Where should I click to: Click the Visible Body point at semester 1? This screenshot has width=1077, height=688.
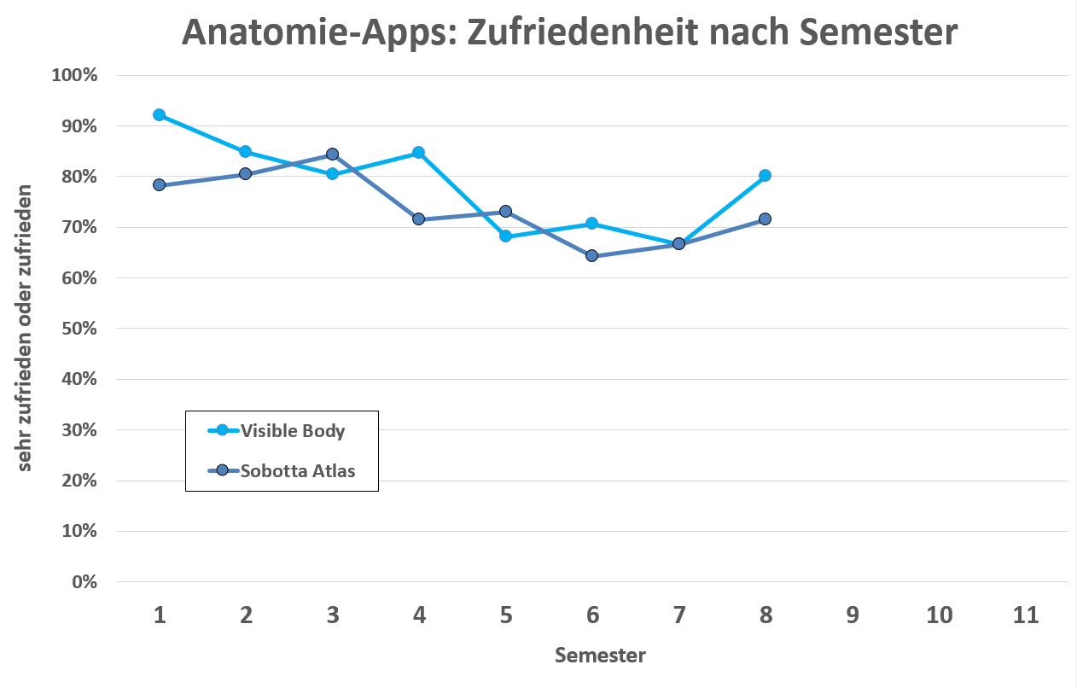pyautogui.click(x=159, y=114)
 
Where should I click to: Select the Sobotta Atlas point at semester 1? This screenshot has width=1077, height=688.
pyautogui.click(x=159, y=185)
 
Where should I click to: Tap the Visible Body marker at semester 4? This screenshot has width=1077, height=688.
pyautogui.click(x=419, y=153)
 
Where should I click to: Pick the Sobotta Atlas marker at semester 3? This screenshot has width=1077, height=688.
pyautogui.click(x=332, y=155)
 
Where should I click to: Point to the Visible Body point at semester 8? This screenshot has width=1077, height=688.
pyautogui.click(x=765, y=176)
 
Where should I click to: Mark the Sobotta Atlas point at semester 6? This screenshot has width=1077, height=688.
pyautogui.click(x=591, y=256)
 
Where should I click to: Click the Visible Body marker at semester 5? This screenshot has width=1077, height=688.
pyautogui.click(x=505, y=236)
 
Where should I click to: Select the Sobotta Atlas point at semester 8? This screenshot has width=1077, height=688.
pyautogui.click(x=765, y=219)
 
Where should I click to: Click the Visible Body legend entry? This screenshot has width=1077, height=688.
pyautogui.click(x=292, y=431)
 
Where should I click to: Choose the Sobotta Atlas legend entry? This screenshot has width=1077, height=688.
pyautogui.click(x=297, y=470)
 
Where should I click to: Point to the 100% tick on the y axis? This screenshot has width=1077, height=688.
pyautogui.click(x=75, y=75)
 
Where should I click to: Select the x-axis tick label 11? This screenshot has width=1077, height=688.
pyautogui.click(x=1026, y=615)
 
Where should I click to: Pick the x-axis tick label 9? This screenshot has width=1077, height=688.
pyautogui.click(x=852, y=615)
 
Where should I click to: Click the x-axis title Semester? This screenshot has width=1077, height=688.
pyautogui.click(x=600, y=656)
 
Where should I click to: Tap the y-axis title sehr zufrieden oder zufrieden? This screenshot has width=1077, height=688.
pyautogui.click(x=25, y=328)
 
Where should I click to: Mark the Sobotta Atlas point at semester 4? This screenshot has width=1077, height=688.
pyautogui.click(x=419, y=219)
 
